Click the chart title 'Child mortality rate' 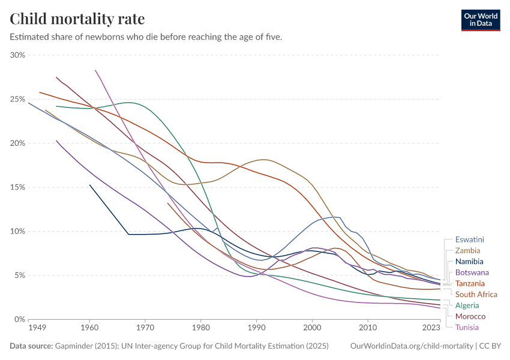(x=77, y=19)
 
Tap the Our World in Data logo (x=480, y=19)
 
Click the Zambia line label (x=467, y=251)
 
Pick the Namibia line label (x=469, y=262)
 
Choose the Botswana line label (x=470, y=272)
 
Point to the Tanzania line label (x=470, y=283)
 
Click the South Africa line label (x=476, y=295)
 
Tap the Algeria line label (x=467, y=305)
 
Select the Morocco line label (x=470, y=316)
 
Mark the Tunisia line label (x=467, y=327)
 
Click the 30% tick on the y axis (x=18, y=55)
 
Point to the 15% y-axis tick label (x=18, y=187)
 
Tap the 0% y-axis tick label (x=20, y=319)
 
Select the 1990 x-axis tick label (x=256, y=328)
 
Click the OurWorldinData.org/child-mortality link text (x=411, y=346)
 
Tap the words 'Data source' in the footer (x=31, y=346)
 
